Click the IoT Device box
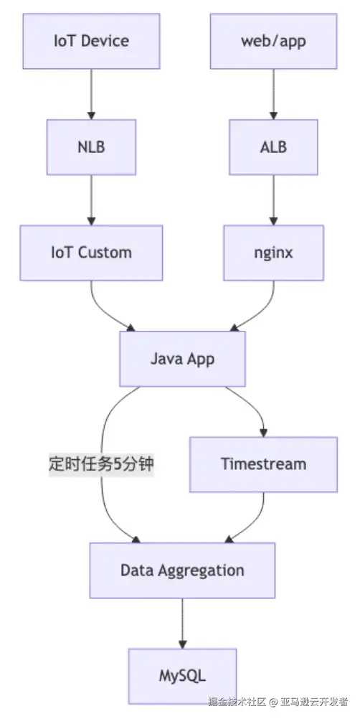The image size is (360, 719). [x=91, y=40]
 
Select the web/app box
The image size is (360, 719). [x=273, y=40]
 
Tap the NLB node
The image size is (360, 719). [x=91, y=146]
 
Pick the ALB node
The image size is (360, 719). [x=273, y=146]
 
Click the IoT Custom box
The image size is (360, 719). [x=91, y=253]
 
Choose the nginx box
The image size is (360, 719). [x=273, y=253]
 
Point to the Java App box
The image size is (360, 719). [x=182, y=359]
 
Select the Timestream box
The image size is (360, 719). [x=263, y=464]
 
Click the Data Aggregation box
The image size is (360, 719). [x=182, y=570]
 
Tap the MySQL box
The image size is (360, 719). [x=182, y=676]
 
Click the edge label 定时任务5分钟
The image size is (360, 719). [x=101, y=464]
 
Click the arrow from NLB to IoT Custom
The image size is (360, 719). [x=91, y=199]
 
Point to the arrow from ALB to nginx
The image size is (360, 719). [x=273, y=199]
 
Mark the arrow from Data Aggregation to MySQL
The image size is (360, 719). [x=182, y=623]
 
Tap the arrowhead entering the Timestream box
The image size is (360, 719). [x=263, y=432]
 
